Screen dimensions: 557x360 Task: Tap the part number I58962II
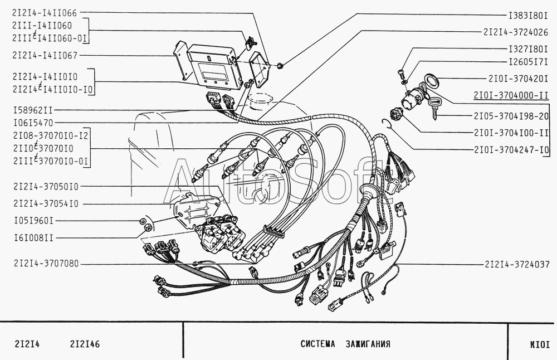pyautogui.click(x=33, y=111)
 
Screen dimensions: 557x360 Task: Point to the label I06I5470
pyautogui.click(x=33, y=122)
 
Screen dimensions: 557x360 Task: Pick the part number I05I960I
pyautogui.click(x=33, y=221)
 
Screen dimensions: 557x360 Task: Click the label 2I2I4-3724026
pyautogui.click(x=516, y=32)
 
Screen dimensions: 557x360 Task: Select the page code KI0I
pyautogui.click(x=539, y=344)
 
